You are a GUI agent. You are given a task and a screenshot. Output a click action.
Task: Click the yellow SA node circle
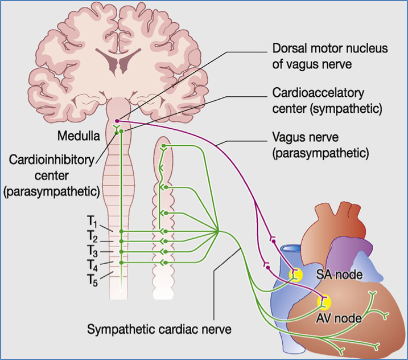pyautogui.click(x=295, y=276)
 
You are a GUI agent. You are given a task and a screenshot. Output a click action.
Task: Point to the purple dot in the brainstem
pyautogui.click(x=117, y=120)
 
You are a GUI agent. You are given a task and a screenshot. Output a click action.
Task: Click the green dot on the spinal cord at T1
pyautogui.click(x=121, y=231)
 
